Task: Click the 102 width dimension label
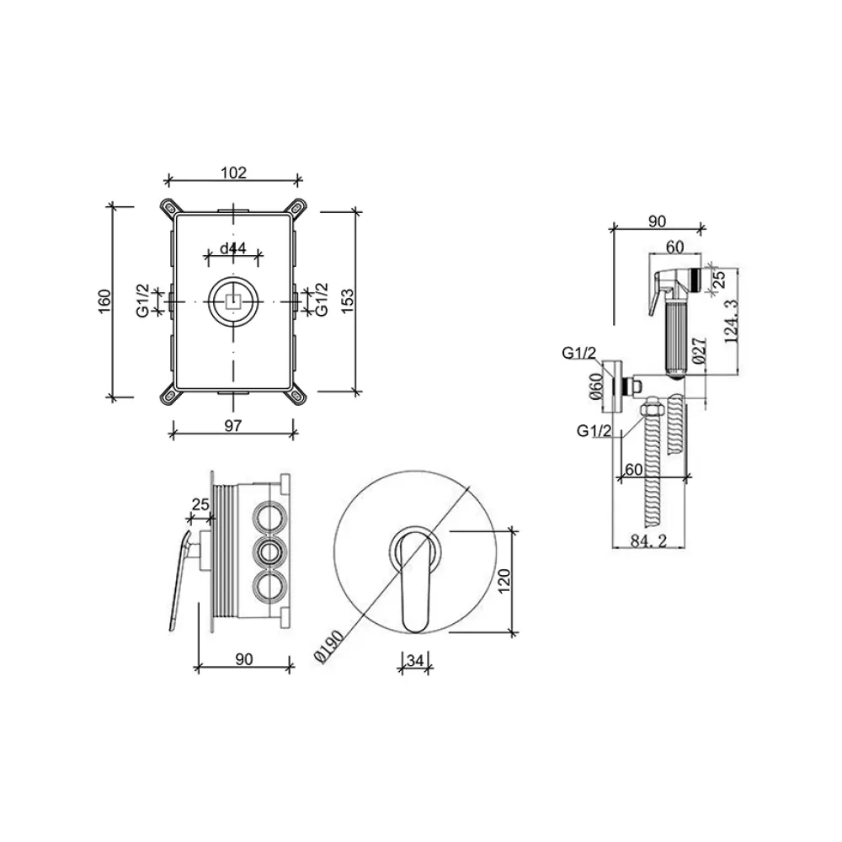coord(233,173)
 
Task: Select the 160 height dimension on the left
coord(104,301)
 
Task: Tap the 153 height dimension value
coord(348,301)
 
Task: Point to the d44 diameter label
coord(233,248)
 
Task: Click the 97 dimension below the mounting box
coord(232,426)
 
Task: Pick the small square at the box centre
coord(233,301)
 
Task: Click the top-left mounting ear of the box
coord(170,207)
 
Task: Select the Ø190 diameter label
coord(328,647)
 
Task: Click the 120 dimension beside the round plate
coord(504,581)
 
